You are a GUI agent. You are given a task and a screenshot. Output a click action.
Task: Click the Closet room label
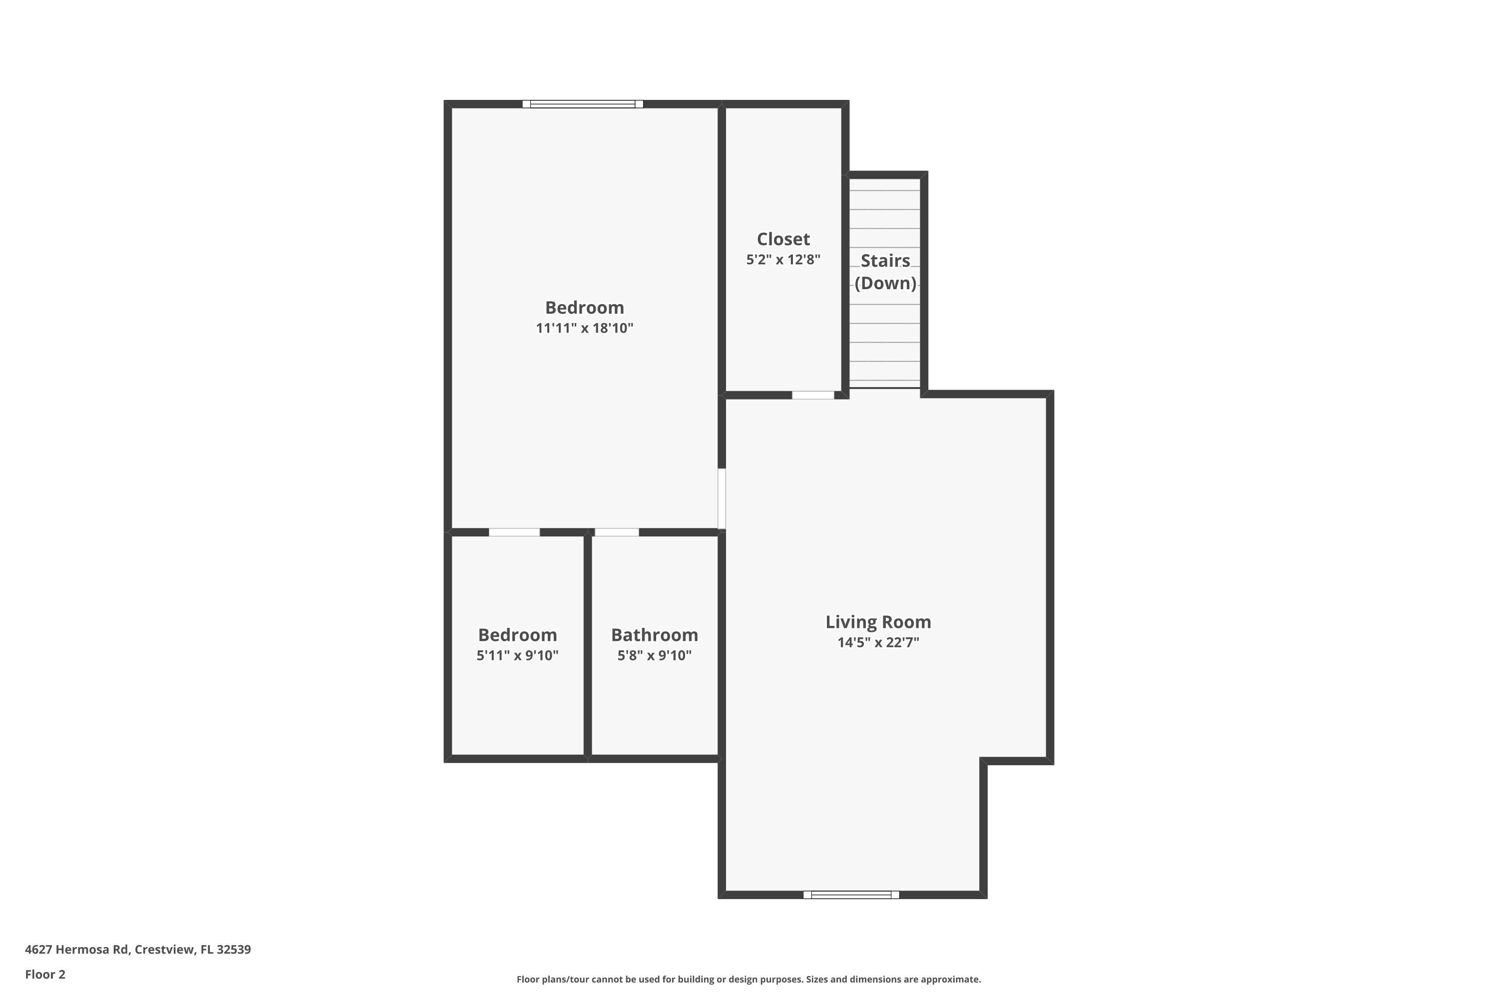pyautogui.click(x=783, y=239)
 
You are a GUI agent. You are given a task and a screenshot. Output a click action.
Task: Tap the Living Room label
pyautogui.click(x=878, y=622)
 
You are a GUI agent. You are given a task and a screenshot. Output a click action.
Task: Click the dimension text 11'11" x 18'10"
pyautogui.click(x=584, y=328)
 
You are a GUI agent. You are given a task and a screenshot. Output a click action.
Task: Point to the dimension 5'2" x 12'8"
pyautogui.click(x=783, y=259)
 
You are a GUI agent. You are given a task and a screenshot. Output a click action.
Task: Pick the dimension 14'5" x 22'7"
pyautogui.click(x=878, y=642)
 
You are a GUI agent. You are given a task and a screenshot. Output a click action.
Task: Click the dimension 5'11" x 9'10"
pyautogui.click(x=517, y=655)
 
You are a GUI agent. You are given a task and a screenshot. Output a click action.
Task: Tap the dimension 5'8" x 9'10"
pyautogui.click(x=654, y=655)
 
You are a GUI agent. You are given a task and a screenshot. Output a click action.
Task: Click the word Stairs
pyautogui.click(x=885, y=261)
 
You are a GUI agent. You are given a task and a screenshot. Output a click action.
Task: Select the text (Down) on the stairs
pyautogui.click(x=885, y=283)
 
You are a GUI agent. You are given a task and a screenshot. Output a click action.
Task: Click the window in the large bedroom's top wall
pyautogui.click(x=582, y=104)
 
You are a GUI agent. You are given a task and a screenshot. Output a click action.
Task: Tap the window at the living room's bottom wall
pyautogui.click(x=851, y=895)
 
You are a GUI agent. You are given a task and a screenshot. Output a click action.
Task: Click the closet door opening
pyautogui.click(x=813, y=395)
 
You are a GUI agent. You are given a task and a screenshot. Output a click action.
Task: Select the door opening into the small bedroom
pyautogui.click(x=514, y=532)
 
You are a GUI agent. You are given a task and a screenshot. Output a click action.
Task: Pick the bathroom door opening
pyautogui.click(x=617, y=532)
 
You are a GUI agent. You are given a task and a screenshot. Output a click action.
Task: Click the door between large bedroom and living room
pyautogui.click(x=722, y=499)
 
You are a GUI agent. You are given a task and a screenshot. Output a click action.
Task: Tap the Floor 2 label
pyautogui.click(x=45, y=974)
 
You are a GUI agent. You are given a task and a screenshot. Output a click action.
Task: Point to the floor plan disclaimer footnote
pyautogui.click(x=749, y=979)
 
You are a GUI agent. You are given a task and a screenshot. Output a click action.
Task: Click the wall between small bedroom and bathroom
pyautogui.click(x=587, y=645)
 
